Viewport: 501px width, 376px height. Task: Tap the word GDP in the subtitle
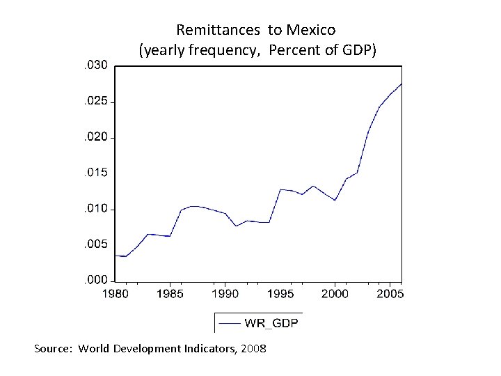click(x=358, y=50)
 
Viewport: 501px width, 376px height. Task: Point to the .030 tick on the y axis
click(x=95, y=66)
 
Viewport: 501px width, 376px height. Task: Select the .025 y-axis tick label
click(x=95, y=102)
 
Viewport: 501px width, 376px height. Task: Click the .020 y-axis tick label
click(x=95, y=137)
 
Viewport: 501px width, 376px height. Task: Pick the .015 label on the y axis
click(x=95, y=173)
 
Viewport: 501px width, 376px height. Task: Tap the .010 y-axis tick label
click(x=95, y=209)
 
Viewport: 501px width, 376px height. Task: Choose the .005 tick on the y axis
click(x=95, y=244)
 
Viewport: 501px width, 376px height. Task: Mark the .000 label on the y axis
click(x=95, y=280)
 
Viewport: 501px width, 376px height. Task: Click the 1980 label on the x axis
click(x=116, y=295)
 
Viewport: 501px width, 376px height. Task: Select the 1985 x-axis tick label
click(x=170, y=295)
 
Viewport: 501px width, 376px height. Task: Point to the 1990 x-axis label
click(x=225, y=295)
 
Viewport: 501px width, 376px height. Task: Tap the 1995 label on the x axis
click(x=280, y=295)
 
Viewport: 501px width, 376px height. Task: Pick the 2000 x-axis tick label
click(x=335, y=295)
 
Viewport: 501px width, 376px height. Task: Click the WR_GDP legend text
click(x=271, y=323)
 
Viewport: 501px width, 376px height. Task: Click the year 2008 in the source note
click(x=253, y=348)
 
